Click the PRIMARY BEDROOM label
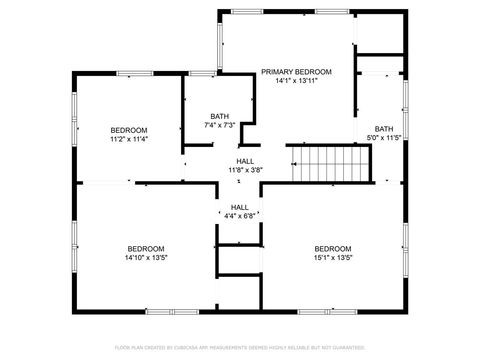point(296,72)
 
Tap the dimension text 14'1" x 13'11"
point(296,82)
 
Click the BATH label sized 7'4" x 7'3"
point(219,116)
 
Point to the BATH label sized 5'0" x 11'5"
point(384,128)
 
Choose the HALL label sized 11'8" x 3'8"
point(244,161)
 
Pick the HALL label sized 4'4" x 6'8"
point(240,207)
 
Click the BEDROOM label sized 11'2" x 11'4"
point(129,130)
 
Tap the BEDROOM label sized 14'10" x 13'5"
point(145,248)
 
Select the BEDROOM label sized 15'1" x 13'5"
point(333,248)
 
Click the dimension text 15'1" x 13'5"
point(333,258)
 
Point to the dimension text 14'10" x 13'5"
point(145,258)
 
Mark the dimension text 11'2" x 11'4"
point(129,140)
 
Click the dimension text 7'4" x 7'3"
point(219,126)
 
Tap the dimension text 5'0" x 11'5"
point(384,138)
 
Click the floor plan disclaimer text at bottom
point(240,347)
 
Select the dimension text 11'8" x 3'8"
point(244,171)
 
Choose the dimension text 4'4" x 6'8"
point(240,216)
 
